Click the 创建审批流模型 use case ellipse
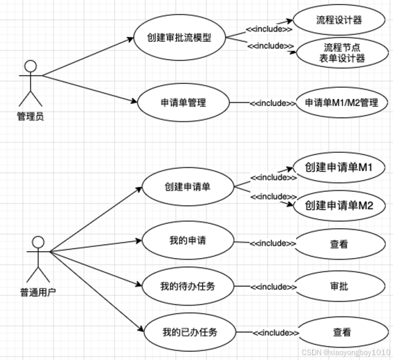click(179, 38)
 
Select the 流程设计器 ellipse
click(339, 20)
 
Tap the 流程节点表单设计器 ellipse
click(342, 53)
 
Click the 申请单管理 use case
click(183, 103)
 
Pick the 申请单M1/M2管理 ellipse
click(341, 103)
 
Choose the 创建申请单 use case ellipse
click(187, 187)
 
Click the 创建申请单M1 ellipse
click(339, 167)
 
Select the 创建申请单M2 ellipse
click(339, 206)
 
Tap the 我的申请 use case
click(187, 240)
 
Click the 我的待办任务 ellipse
click(187, 286)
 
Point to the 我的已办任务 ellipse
click(190, 332)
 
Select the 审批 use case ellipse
click(339, 286)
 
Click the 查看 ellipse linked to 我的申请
click(339, 244)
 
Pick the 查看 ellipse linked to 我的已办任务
click(341, 332)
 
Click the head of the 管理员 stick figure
click(31, 66)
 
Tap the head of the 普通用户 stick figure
click(38, 242)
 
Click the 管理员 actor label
click(31, 117)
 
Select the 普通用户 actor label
click(38, 292)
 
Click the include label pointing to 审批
click(273, 287)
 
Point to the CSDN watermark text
click(346, 352)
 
